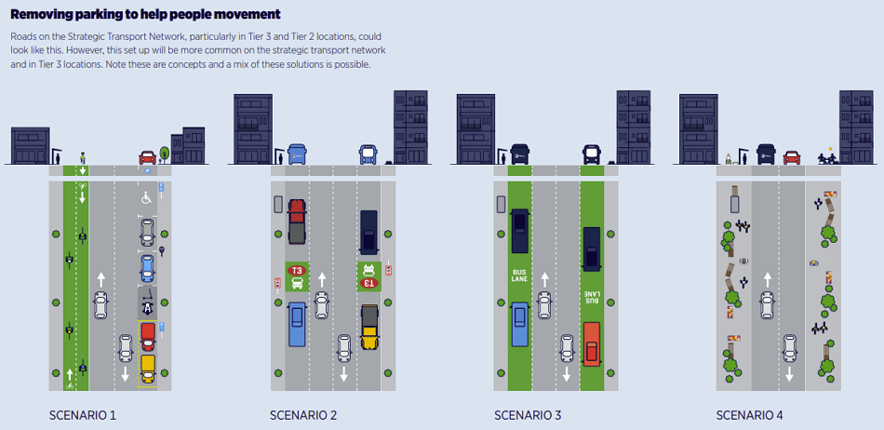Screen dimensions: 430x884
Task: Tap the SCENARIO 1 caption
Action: [83, 414]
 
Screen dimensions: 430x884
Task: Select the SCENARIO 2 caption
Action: [303, 414]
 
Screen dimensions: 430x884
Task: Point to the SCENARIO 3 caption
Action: [528, 414]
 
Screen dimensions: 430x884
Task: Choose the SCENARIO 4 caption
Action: [750, 414]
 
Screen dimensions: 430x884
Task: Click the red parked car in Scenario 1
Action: [147, 336]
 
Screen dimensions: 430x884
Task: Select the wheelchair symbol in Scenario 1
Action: [146, 197]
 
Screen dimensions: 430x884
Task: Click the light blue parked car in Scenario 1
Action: [146, 268]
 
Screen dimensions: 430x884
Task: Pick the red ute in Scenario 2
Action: [297, 221]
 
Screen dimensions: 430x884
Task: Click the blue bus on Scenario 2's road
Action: [297, 322]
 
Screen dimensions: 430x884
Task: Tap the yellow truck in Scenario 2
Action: [368, 327]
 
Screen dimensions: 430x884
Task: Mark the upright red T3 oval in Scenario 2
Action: [297, 270]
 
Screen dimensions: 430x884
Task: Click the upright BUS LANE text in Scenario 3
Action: [519, 276]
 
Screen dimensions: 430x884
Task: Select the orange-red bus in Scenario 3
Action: [591, 343]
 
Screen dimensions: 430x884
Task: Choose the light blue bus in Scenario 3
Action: [519, 324]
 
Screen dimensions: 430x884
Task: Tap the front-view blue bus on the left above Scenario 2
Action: [297, 155]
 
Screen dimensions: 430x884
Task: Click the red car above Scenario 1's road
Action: [147, 157]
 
